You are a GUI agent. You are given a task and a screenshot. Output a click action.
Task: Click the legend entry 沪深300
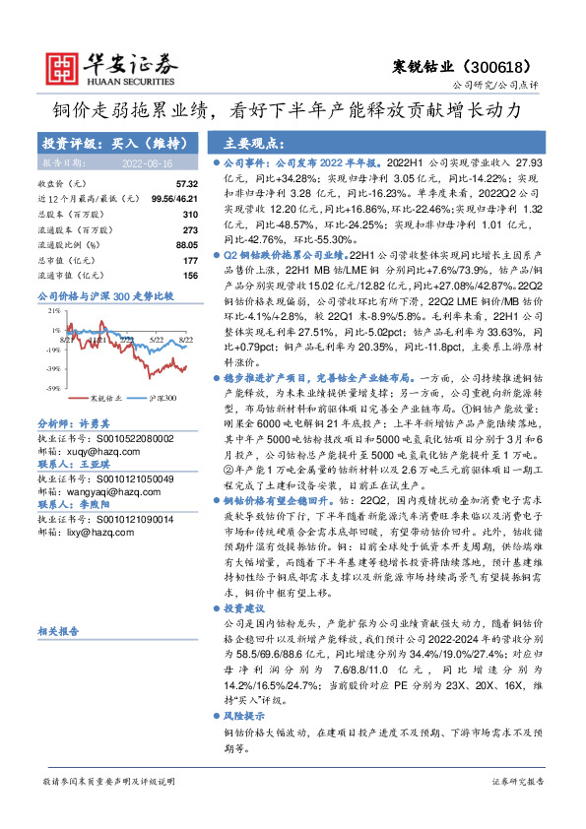[163, 398]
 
